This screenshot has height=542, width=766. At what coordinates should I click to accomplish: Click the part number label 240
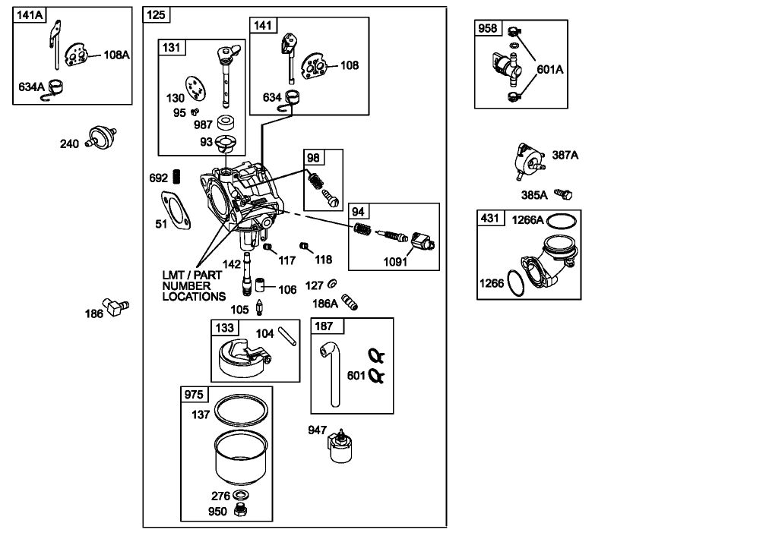(x=70, y=143)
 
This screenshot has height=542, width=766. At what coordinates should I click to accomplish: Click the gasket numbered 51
(x=174, y=210)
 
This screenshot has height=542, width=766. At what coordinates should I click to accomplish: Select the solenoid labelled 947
(x=339, y=445)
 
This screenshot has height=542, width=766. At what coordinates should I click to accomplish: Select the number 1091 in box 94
(x=395, y=263)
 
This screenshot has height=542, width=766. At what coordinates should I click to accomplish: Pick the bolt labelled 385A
(x=563, y=194)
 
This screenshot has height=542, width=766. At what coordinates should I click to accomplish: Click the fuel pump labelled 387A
(x=528, y=157)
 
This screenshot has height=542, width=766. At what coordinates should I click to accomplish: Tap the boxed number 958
(x=488, y=29)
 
